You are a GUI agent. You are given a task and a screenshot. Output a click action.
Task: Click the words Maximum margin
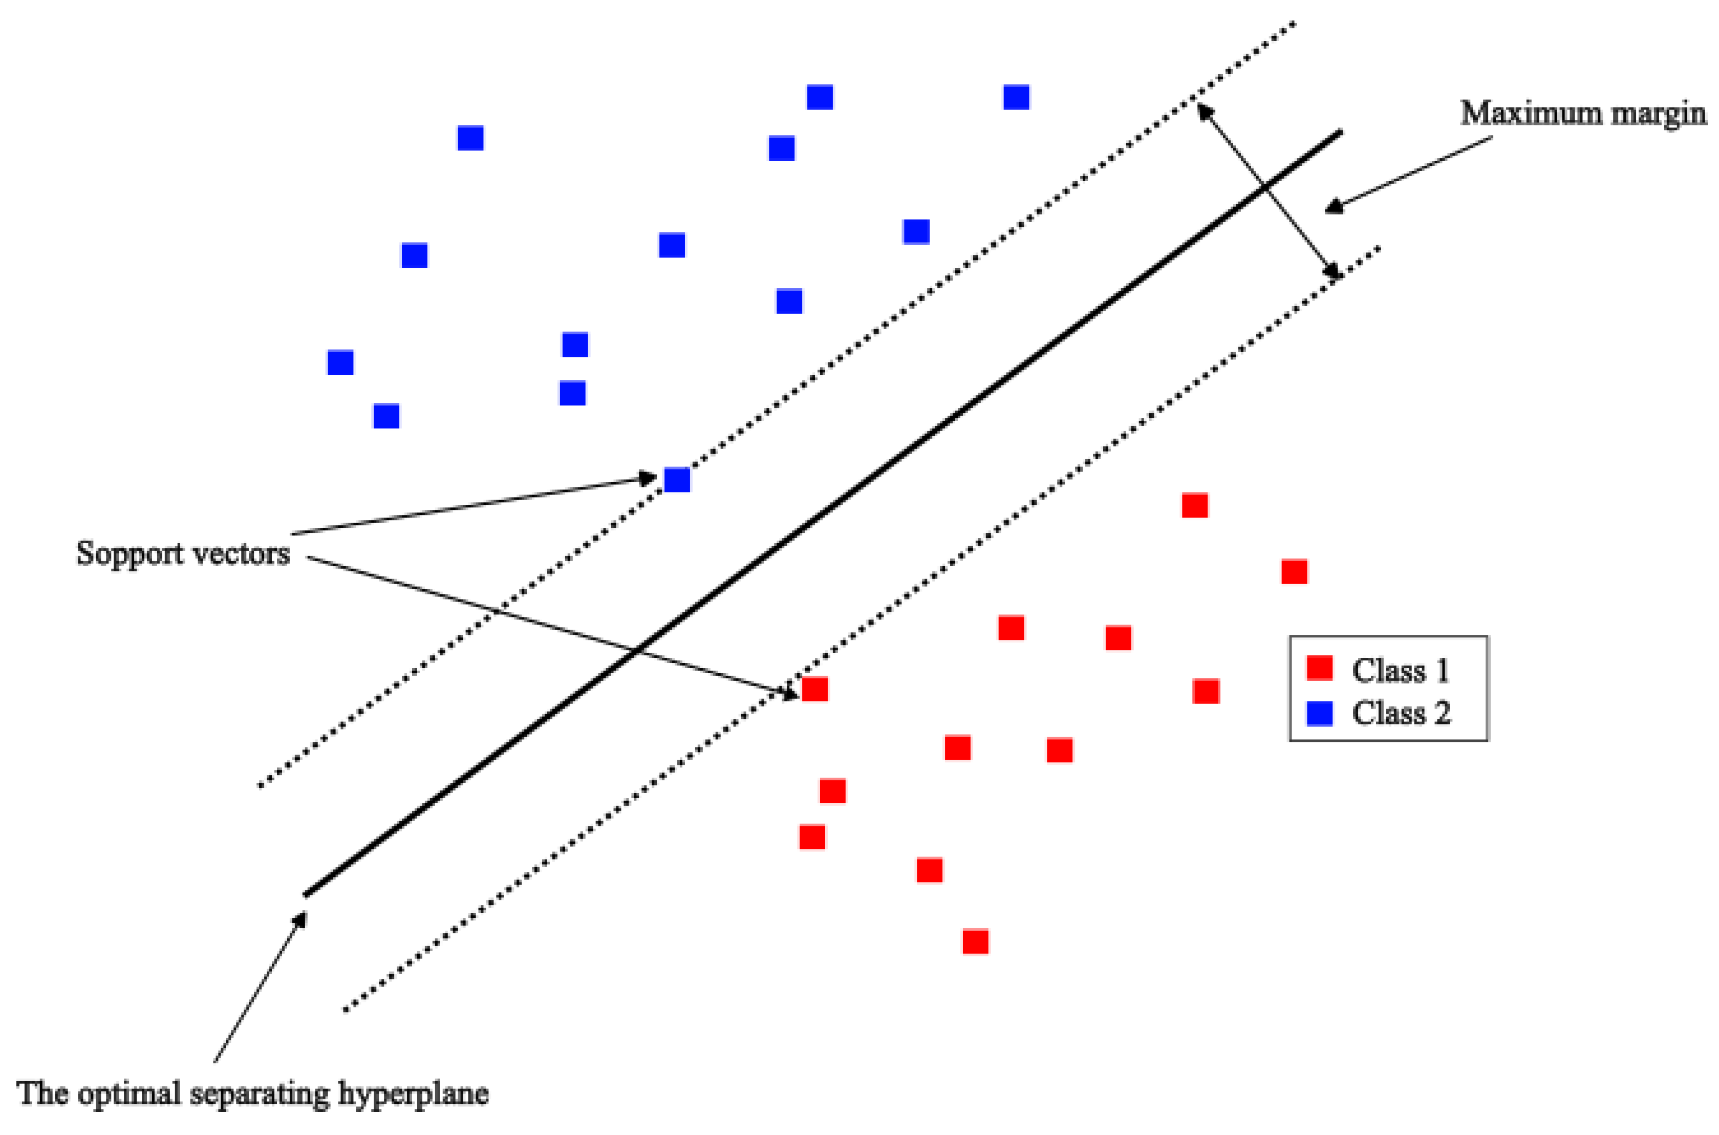(x=1582, y=114)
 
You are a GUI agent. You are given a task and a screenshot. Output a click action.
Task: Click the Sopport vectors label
(x=183, y=554)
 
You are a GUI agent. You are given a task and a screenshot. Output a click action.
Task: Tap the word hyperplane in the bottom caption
(x=413, y=1093)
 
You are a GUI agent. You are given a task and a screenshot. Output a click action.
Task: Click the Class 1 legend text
(x=1401, y=670)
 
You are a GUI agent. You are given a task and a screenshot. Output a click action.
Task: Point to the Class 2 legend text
(x=1401, y=714)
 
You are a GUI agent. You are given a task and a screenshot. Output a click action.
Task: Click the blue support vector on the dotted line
(x=677, y=479)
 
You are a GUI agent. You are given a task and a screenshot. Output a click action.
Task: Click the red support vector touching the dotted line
(x=814, y=689)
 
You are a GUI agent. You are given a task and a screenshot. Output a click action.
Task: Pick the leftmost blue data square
(x=340, y=362)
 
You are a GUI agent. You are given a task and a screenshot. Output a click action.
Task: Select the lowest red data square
(x=975, y=941)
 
